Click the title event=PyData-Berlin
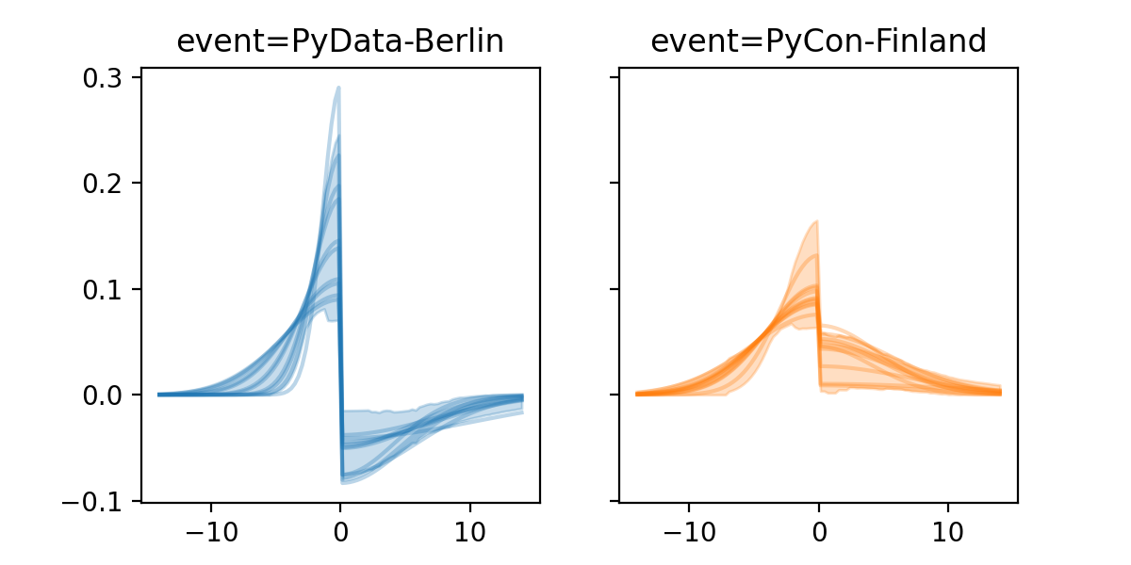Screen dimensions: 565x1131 [x=340, y=41]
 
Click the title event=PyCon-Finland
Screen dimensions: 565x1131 [x=818, y=41]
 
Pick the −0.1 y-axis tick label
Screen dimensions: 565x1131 [x=101, y=501]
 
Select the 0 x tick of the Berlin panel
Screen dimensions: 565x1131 [x=340, y=530]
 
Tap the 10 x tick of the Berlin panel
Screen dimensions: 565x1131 [x=470, y=530]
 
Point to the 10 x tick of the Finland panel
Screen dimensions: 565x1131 [x=948, y=530]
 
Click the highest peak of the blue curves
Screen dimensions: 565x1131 [x=338, y=88]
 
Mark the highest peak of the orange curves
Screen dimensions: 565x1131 [x=816, y=221]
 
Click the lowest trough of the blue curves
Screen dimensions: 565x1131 [x=343, y=482]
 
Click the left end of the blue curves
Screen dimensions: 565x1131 [x=158, y=394]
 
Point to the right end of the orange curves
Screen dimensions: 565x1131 [x=1000, y=392]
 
